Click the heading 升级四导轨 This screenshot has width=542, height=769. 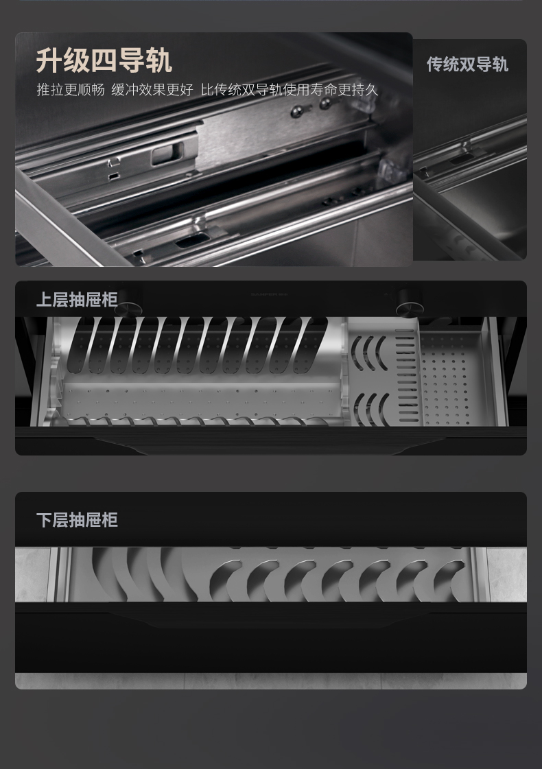click(x=104, y=60)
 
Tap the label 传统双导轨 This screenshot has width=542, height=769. click(x=467, y=64)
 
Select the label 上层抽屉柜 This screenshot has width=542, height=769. click(x=77, y=300)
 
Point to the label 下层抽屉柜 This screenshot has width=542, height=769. click(x=77, y=520)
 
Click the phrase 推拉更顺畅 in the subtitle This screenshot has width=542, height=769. click(x=70, y=90)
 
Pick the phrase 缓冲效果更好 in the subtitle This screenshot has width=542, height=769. click(x=152, y=90)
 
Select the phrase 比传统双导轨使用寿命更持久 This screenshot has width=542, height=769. click(x=289, y=90)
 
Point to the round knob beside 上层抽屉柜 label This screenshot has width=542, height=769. click(x=127, y=309)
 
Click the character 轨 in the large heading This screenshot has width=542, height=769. click(x=158, y=60)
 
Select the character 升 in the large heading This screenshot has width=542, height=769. click(x=49, y=60)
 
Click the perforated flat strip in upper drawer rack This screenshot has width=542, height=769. click(x=199, y=398)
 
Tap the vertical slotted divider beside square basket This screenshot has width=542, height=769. click(x=405, y=377)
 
